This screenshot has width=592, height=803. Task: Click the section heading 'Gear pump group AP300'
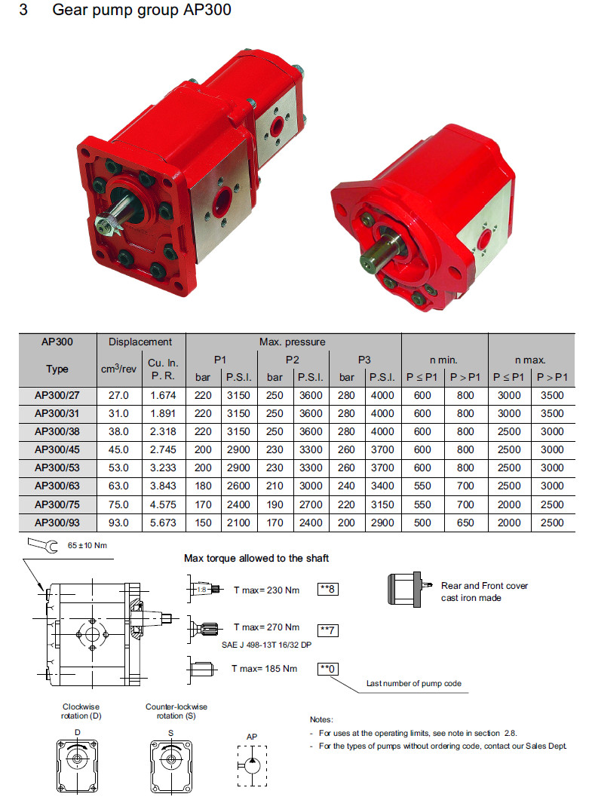(141, 10)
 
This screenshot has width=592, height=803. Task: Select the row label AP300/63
(57, 486)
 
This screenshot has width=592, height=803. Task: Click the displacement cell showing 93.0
(118, 523)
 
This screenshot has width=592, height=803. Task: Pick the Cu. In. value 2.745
(163, 449)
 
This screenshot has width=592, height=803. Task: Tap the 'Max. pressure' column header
(293, 342)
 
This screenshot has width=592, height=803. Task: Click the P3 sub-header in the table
(364, 360)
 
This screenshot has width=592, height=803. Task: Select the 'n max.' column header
(531, 360)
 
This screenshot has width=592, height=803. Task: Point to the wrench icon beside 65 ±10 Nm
(43, 544)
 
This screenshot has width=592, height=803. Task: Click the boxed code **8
(328, 589)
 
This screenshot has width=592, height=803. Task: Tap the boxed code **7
(328, 630)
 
